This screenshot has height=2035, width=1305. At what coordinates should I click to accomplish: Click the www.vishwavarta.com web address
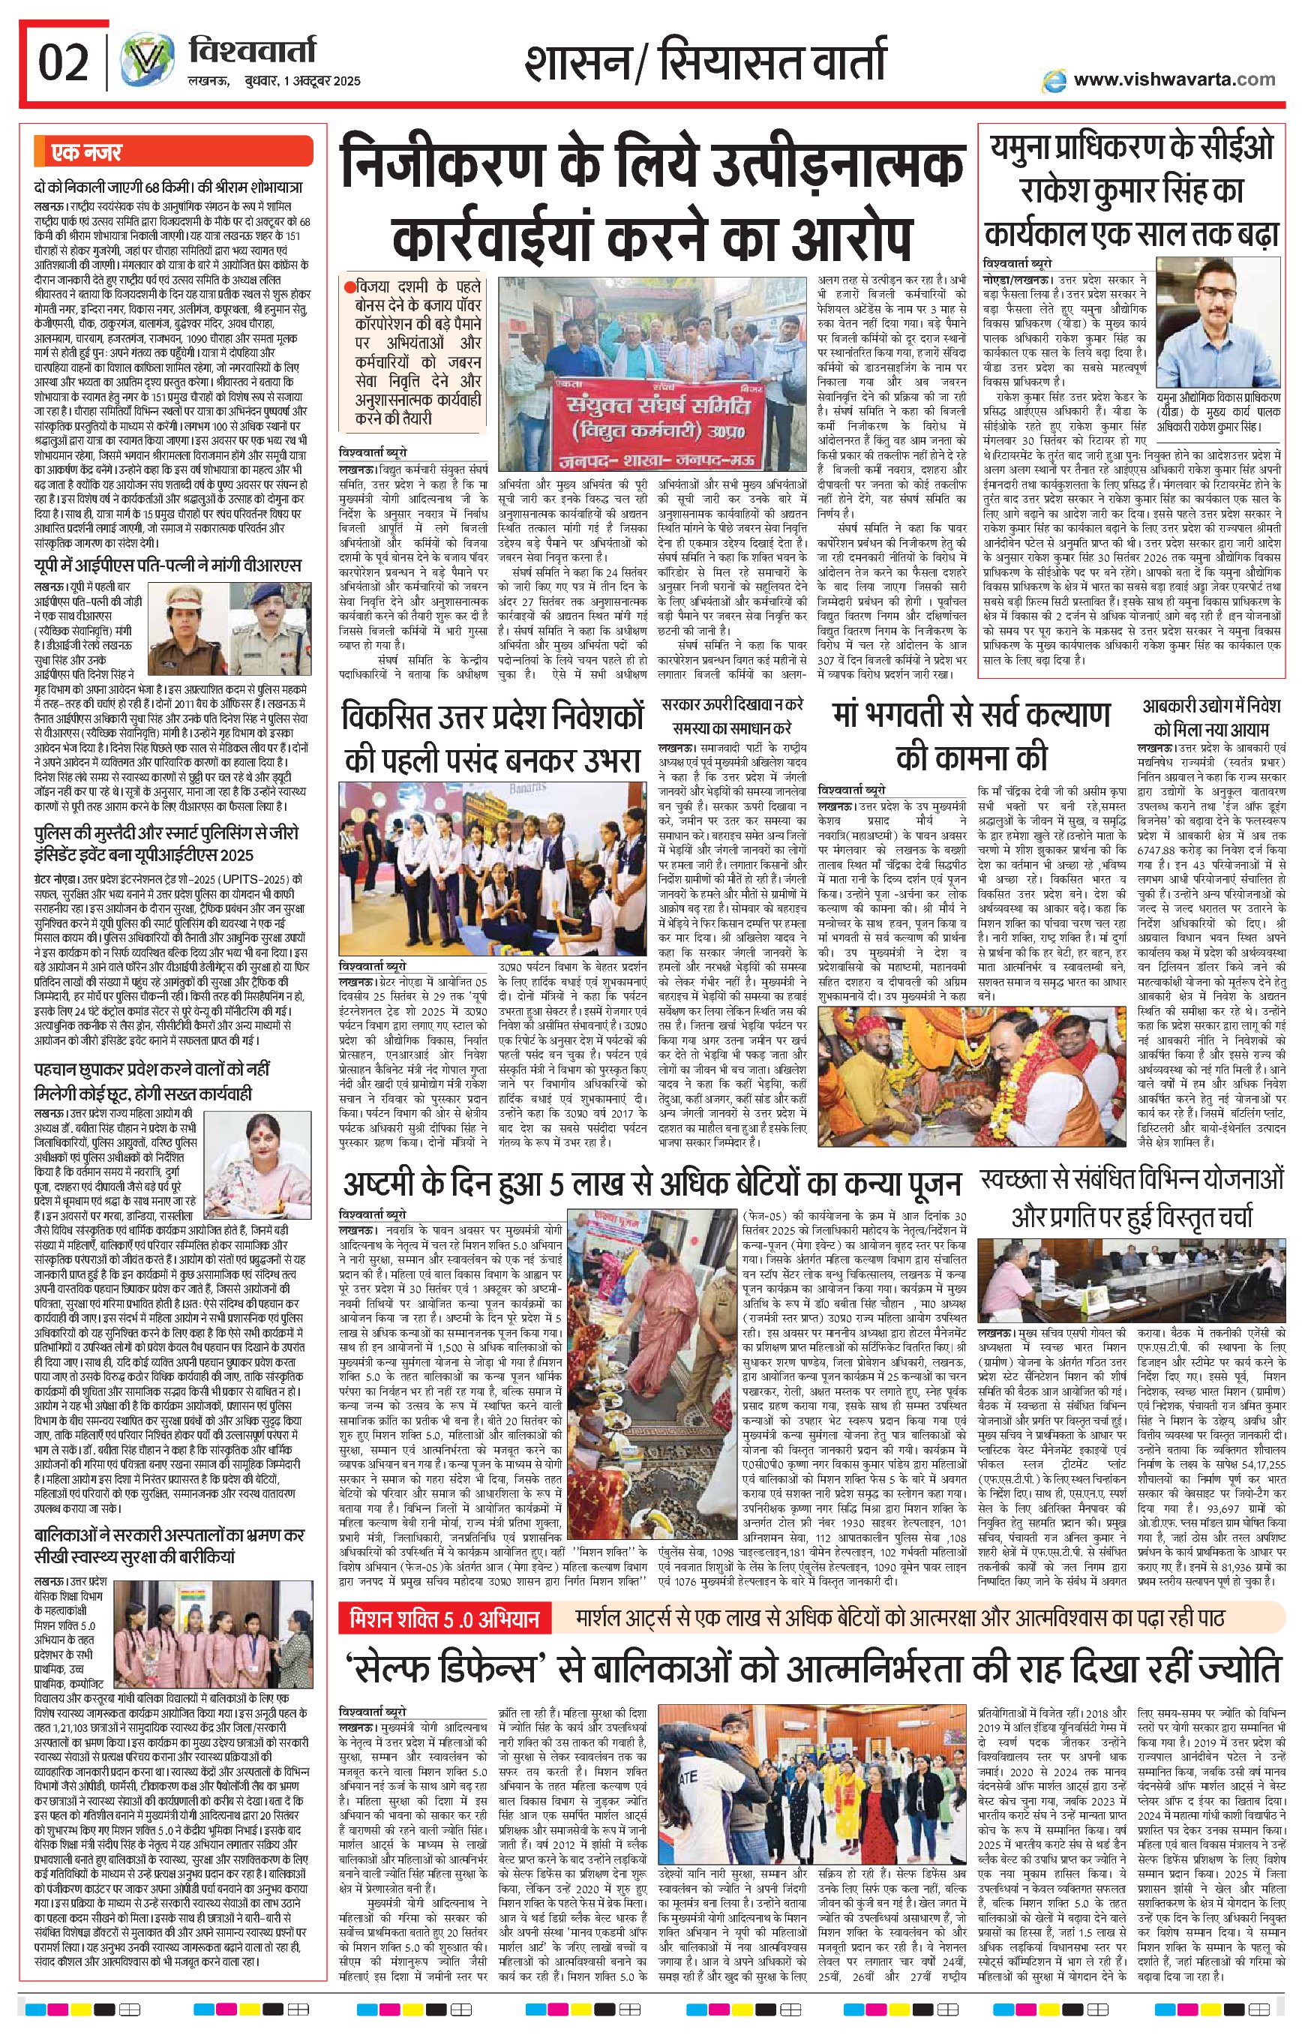(x=1174, y=80)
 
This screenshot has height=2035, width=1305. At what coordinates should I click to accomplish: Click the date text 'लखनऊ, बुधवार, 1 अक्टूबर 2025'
(x=274, y=81)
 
